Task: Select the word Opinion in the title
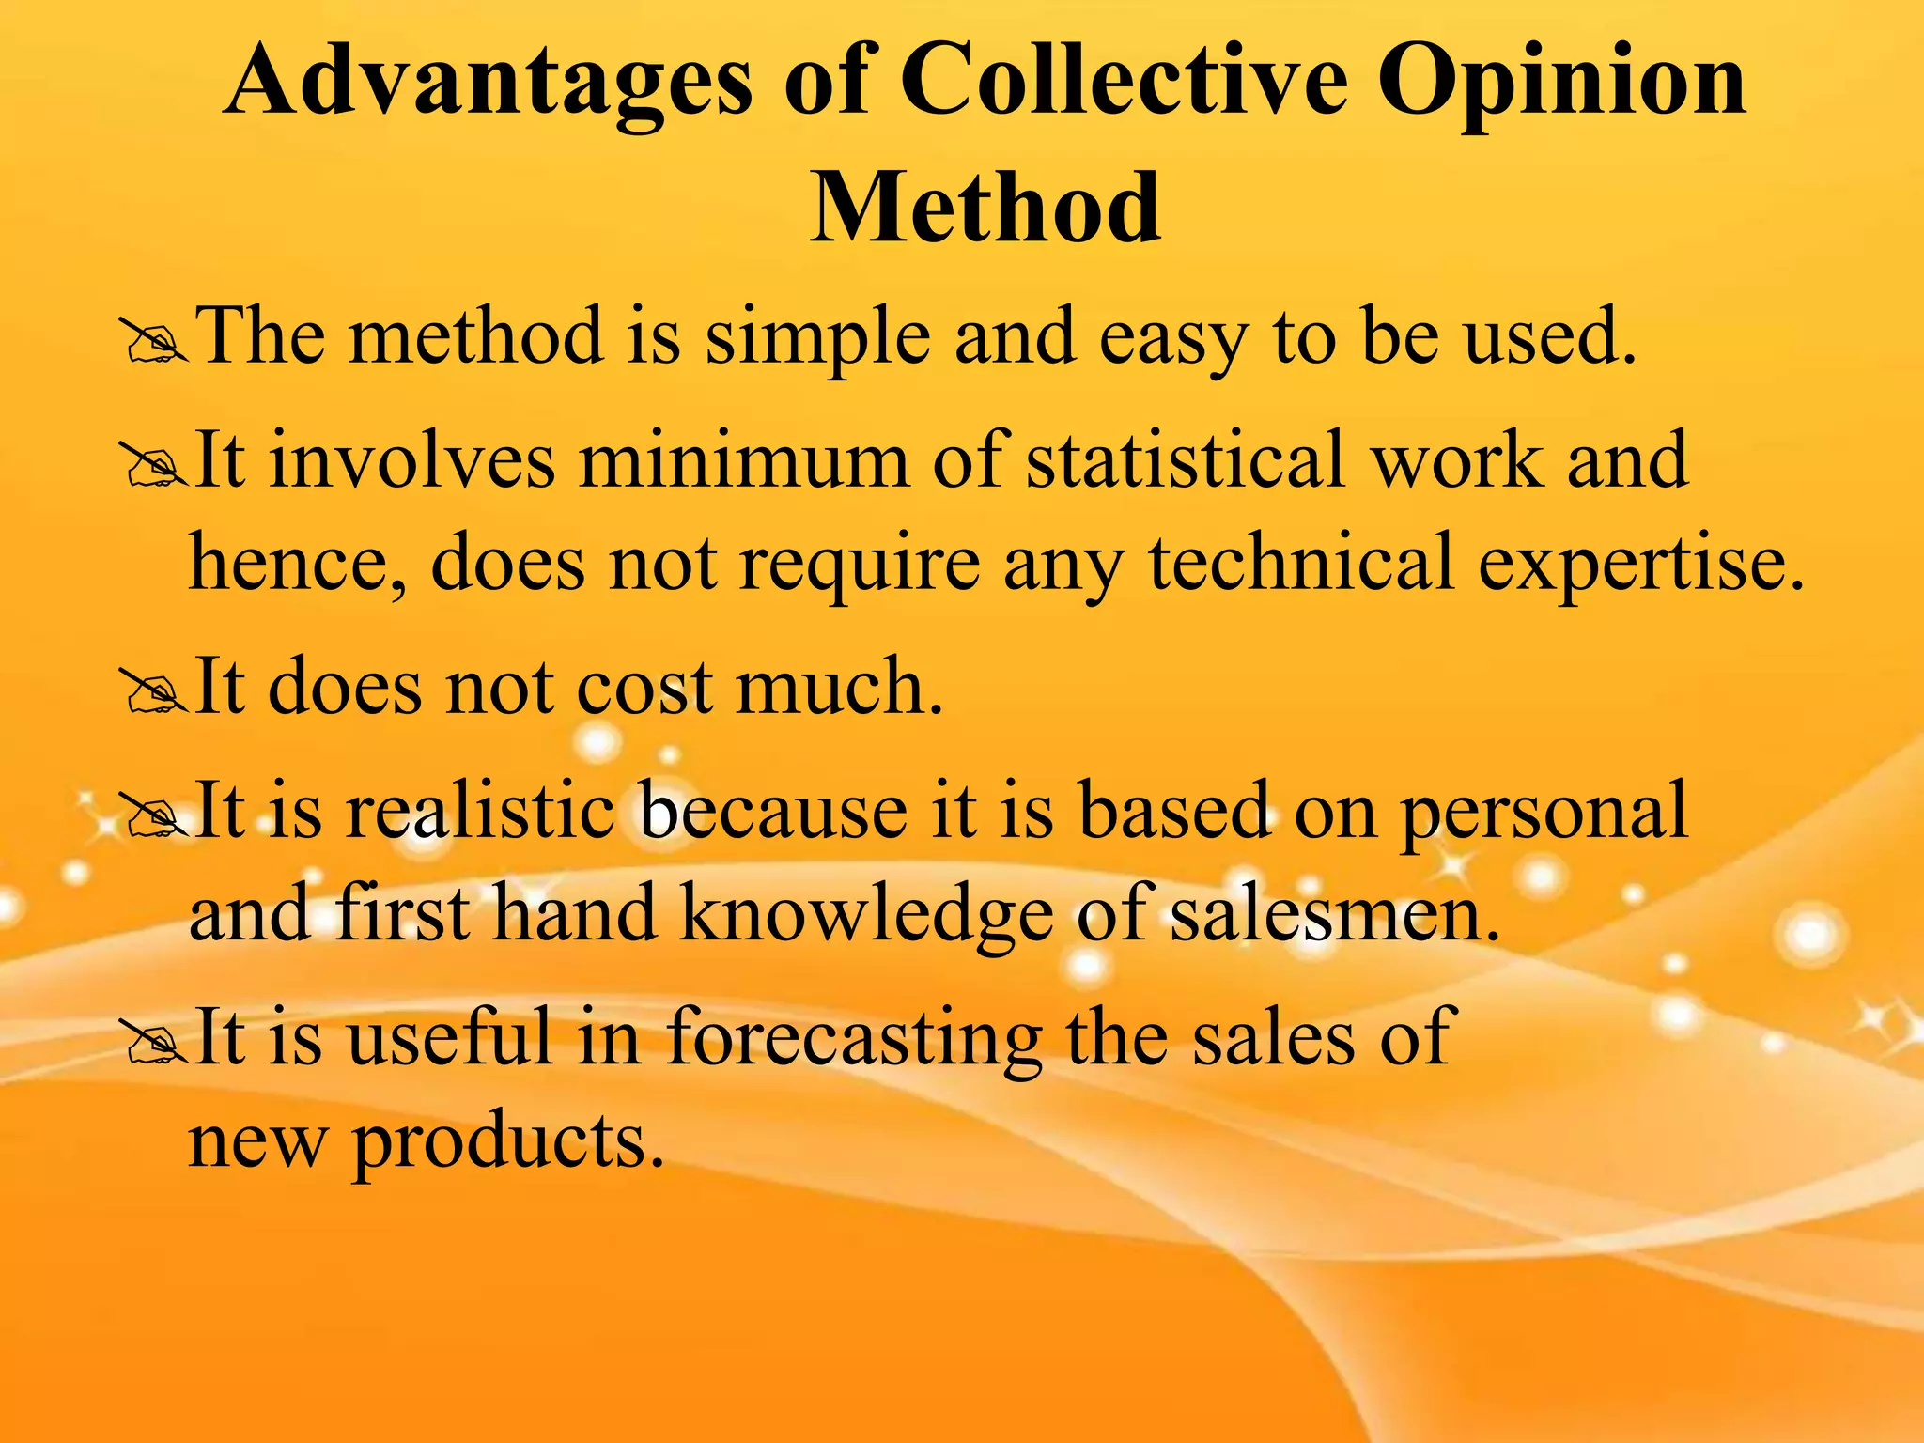coord(1560,85)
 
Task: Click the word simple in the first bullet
coord(817,338)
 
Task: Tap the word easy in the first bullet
coord(1173,340)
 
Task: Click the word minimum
coord(743,460)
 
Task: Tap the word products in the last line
coord(507,1144)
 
